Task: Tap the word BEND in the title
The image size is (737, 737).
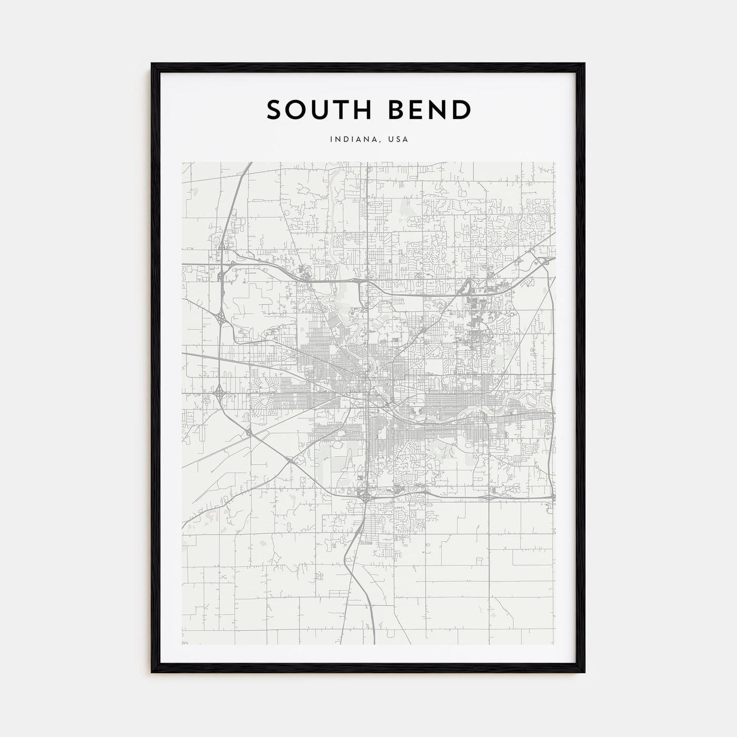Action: point(427,110)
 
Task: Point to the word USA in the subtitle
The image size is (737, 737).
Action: point(399,140)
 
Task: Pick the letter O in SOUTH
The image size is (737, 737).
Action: point(295,110)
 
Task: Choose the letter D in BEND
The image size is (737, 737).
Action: point(461,110)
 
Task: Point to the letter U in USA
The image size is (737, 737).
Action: point(391,140)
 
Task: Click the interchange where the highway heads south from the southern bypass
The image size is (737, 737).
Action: point(364,495)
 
